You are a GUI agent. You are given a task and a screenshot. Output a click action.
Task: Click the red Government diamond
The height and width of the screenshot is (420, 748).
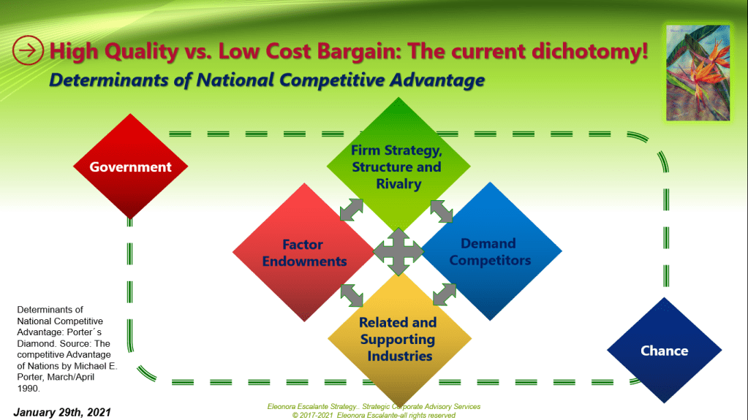point(130,167)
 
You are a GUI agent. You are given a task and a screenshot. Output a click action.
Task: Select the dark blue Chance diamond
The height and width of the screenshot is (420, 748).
point(664,351)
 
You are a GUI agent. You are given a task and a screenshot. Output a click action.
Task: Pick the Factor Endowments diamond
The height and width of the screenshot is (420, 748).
point(304,252)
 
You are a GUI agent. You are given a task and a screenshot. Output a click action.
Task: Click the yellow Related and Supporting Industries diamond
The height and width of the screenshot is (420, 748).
point(399,339)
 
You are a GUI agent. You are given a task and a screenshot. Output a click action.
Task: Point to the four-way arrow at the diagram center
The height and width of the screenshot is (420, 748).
point(398,252)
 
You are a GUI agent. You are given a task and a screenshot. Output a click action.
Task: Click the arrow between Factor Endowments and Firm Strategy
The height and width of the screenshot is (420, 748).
point(352,210)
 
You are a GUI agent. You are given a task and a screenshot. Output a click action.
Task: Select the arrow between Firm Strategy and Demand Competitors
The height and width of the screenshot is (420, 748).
point(442,211)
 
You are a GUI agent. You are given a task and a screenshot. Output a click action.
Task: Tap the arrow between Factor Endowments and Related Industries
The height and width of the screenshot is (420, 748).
point(352,295)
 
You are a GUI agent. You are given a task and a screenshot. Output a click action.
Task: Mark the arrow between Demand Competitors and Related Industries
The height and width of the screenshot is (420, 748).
point(445,294)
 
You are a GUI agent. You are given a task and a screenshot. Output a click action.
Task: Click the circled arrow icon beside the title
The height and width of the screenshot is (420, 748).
point(28,50)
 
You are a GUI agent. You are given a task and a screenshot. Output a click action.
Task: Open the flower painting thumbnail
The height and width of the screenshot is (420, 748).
point(698,72)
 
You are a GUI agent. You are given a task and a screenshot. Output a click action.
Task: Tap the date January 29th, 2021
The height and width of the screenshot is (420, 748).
point(62,413)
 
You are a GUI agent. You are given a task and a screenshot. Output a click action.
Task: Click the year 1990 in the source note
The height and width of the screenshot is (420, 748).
point(28,388)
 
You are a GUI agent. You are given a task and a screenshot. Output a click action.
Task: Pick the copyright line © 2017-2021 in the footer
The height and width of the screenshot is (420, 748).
point(374,415)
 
